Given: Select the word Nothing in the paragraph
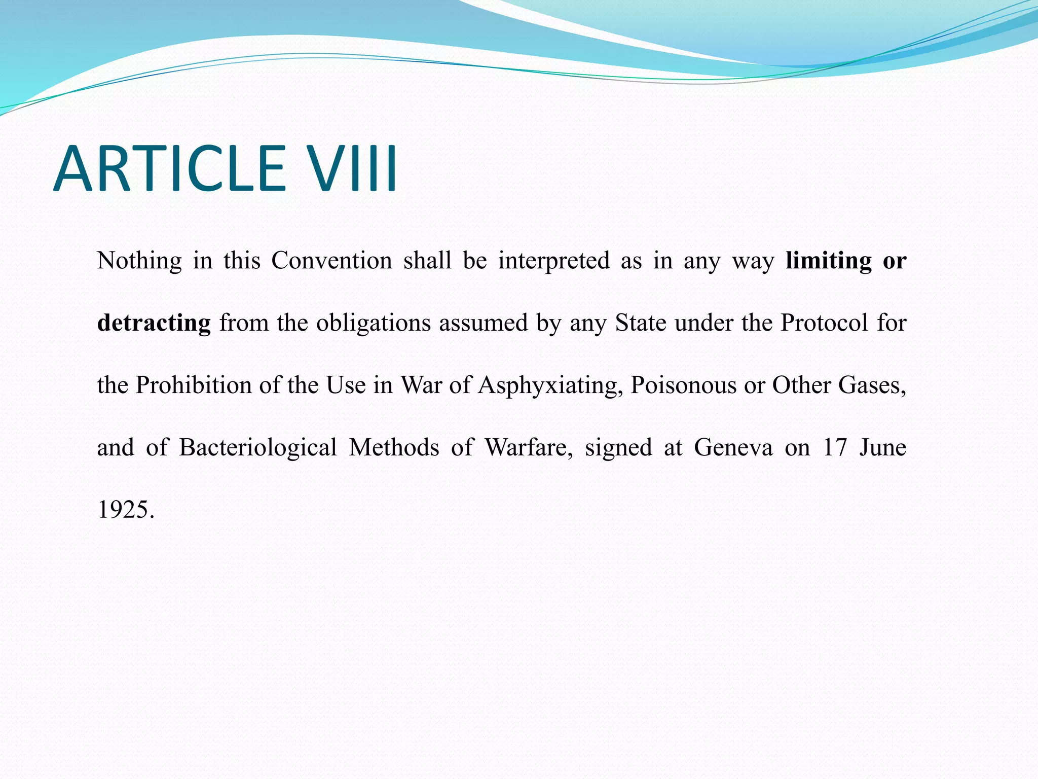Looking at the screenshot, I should coord(139,261).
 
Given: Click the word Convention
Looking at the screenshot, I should coord(331,261).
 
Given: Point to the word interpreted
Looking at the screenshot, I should coord(554,261).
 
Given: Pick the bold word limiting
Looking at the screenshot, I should coord(829,261).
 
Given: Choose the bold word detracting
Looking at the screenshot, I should coord(154,323).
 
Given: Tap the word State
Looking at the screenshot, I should coord(640,323).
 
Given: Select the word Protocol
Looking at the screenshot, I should coord(824,323).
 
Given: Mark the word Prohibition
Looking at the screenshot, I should coord(193,385).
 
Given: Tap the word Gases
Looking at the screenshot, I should coord(872,385).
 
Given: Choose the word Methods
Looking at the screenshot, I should coord(394,447).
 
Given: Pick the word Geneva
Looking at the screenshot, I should coord(733,447).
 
